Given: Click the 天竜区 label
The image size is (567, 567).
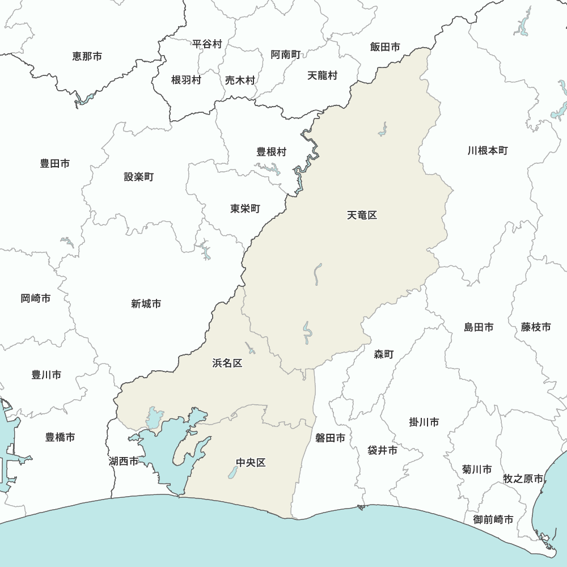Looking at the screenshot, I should (x=362, y=215).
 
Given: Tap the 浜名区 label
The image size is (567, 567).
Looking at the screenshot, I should (x=227, y=363).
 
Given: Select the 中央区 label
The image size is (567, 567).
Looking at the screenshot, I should (x=251, y=463).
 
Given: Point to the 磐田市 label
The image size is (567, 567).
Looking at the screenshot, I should (x=330, y=438).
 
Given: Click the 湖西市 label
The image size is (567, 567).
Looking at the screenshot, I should (x=124, y=461).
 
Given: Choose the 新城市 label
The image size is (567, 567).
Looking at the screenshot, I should (x=146, y=304).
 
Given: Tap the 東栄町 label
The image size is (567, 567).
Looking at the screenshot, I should (x=245, y=209).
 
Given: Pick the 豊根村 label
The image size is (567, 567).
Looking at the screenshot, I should (x=272, y=152).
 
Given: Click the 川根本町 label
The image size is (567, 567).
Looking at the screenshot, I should (x=488, y=151).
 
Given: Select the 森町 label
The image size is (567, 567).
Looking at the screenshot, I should (x=383, y=354).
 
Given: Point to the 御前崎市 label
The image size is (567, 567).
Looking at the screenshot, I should (x=493, y=519).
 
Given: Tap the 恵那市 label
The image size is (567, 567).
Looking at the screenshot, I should (x=87, y=56).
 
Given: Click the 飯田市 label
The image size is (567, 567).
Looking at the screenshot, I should (x=385, y=47).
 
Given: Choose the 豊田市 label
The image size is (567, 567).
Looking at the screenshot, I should (x=55, y=163).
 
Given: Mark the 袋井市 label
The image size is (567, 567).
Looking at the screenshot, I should (x=382, y=451).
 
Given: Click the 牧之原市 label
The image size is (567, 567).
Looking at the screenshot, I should (x=523, y=479).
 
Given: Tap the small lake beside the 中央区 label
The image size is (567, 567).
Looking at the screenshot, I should (x=232, y=472).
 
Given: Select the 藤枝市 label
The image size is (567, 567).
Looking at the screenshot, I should (x=536, y=327).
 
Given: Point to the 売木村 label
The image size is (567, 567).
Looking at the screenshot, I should (x=240, y=81).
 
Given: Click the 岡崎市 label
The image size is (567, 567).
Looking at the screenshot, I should (x=36, y=298).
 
